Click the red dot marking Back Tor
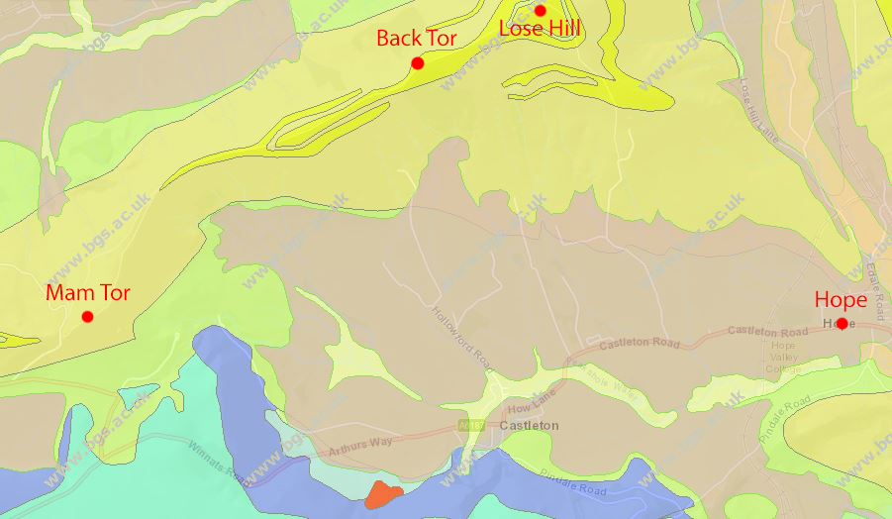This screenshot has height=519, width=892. point(418,63)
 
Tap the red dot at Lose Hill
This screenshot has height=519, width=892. point(540,11)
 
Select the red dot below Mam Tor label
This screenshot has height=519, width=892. point(87,317)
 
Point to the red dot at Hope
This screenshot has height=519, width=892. point(842,323)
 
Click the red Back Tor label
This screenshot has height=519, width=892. point(416,39)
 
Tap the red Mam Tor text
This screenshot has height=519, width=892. point(87,293)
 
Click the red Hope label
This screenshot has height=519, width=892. point(841,300)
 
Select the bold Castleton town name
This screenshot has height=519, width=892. point(529,426)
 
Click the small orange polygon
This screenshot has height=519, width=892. point(381,493)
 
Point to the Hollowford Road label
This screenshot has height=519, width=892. point(461,337)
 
